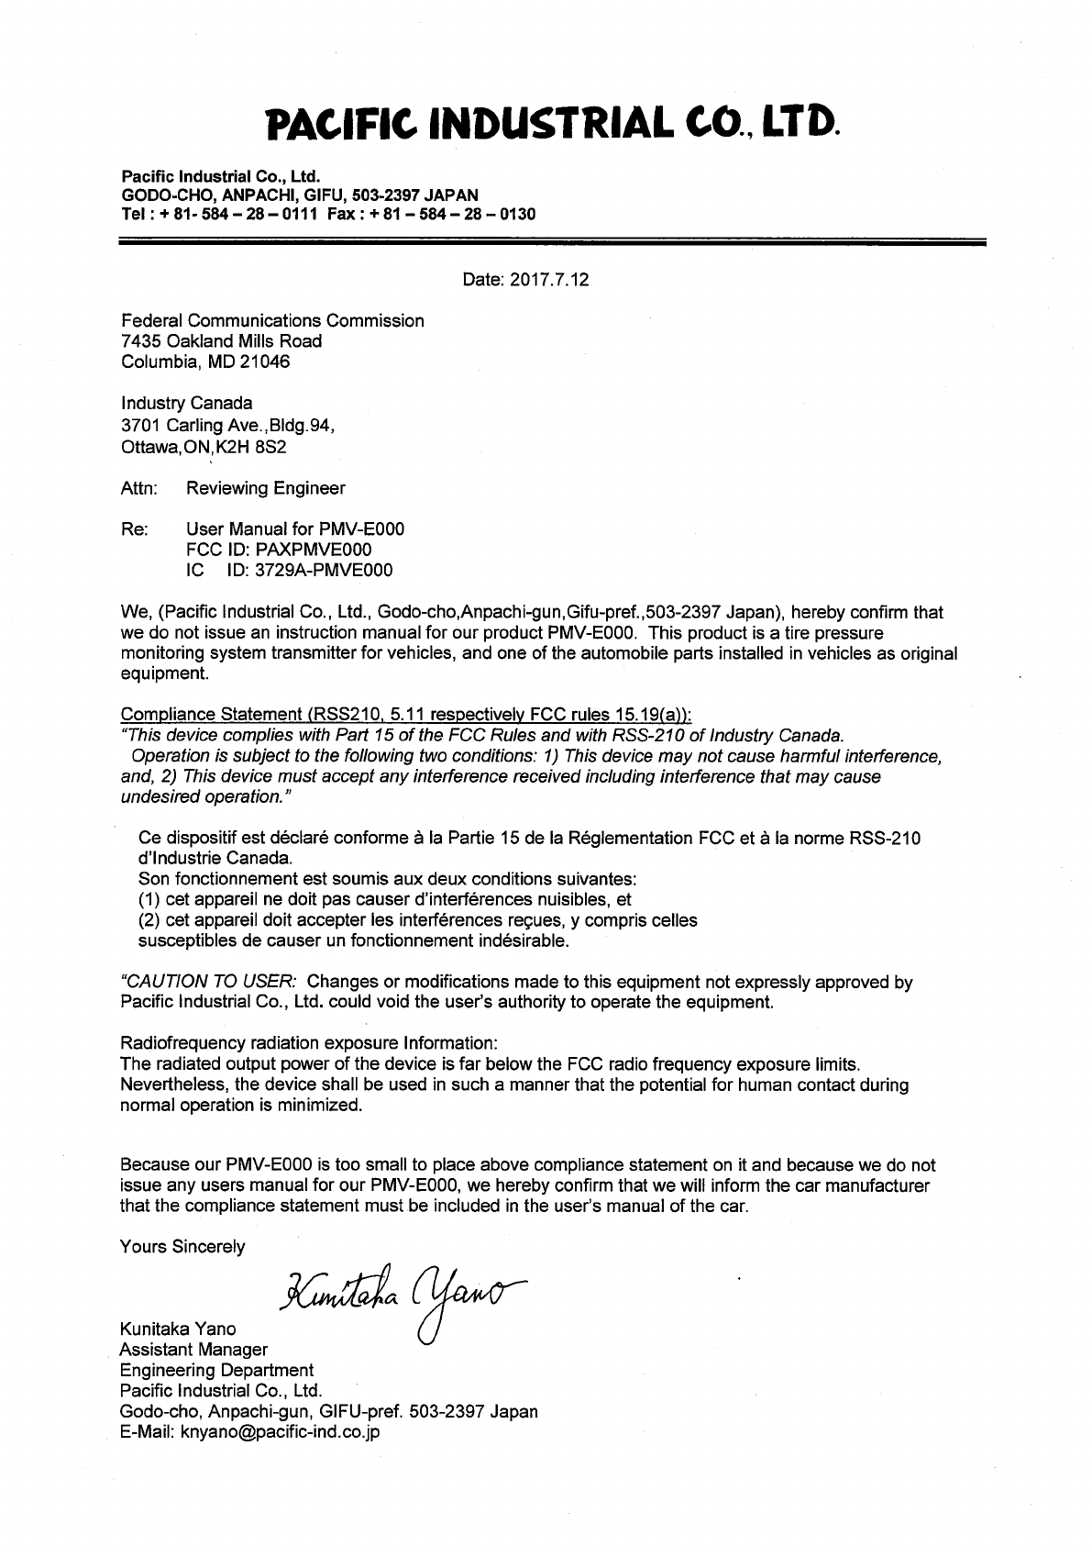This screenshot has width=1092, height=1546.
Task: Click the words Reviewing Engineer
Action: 265,488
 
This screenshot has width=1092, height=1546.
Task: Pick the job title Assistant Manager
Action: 194,1350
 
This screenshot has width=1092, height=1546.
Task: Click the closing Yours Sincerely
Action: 182,1247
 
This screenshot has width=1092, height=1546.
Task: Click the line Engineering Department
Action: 216,1370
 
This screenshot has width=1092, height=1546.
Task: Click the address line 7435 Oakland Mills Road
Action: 222,341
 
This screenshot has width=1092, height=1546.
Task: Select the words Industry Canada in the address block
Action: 187,403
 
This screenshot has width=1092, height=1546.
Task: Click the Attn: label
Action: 138,488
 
